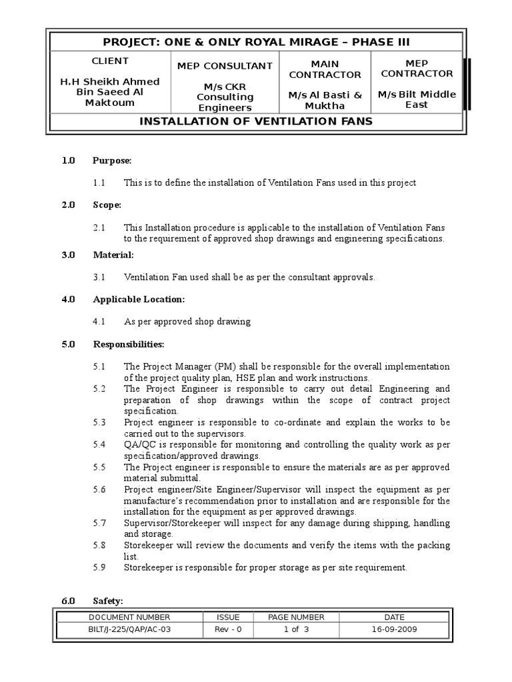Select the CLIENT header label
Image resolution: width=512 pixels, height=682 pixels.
click(110, 61)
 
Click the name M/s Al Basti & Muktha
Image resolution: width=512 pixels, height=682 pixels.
click(325, 100)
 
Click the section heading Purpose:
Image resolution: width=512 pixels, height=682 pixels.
click(112, 161)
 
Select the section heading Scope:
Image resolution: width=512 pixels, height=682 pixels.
click(107, 205)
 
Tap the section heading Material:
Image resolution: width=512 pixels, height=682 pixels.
click(113, 255)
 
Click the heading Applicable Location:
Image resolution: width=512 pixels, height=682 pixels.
click(139, 300)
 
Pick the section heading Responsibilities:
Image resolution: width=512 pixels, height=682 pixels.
click(128, 344)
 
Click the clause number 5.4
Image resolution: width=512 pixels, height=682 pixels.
click(99, 444)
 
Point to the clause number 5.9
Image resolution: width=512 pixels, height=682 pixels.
click(99, 567)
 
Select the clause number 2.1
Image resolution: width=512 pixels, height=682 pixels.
click(99, 228)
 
